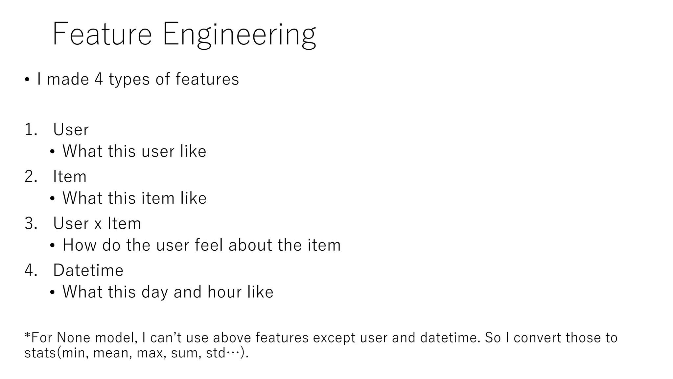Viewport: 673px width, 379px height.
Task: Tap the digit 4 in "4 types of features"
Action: pos(99,79)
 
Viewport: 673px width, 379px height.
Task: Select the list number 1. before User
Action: pos(31,130)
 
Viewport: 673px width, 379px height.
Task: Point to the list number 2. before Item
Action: pos(31,177)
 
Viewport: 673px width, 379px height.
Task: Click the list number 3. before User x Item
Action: pos(31,224)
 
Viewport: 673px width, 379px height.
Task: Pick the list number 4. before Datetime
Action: pos(31,270)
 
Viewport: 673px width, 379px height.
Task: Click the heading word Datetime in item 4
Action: pos(88,270)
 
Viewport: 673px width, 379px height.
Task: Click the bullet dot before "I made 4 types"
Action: pos(27,80)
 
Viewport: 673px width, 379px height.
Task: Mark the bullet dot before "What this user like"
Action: pos(53,152)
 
